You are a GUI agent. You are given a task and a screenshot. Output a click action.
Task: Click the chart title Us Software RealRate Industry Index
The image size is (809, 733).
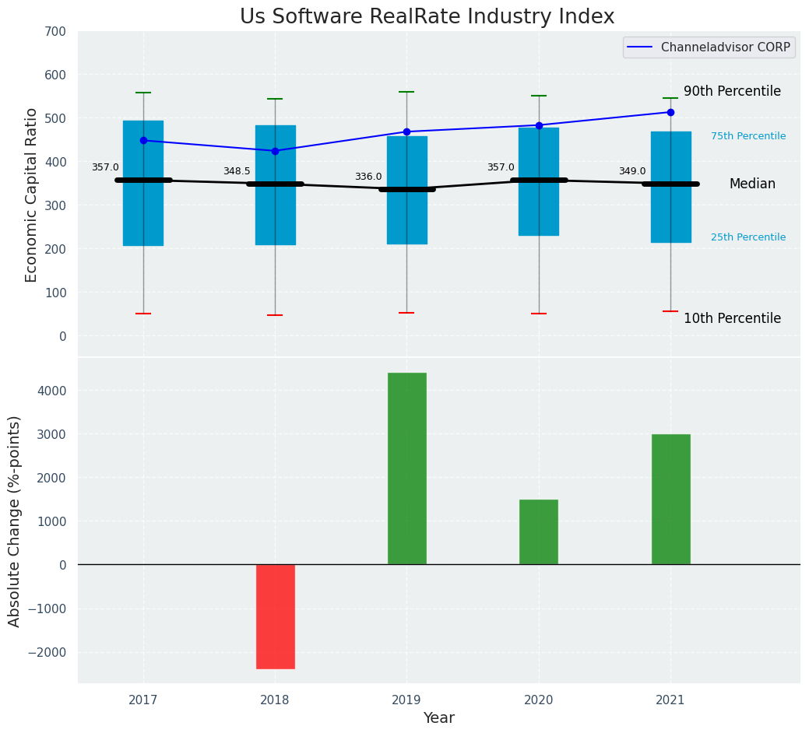[x=427, y=17]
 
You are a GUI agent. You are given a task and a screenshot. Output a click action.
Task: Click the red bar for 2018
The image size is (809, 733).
[x=275, y=616]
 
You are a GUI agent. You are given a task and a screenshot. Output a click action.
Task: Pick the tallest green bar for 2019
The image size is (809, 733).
[x=406, y=468]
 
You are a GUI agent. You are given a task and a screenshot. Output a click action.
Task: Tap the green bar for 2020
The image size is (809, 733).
[x=539, y=532]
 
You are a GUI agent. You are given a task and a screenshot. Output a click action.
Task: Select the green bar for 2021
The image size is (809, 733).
[x=670, y=500]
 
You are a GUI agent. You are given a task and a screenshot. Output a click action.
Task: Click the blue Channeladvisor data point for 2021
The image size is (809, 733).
[x=670, y=112]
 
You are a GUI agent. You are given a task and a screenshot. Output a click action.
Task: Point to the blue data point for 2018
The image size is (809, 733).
[x=275, y=151]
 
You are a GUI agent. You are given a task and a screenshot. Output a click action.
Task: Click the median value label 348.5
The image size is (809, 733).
[x=237, y=171]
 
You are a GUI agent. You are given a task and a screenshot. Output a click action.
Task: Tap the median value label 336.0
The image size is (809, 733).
[x=368, y=177]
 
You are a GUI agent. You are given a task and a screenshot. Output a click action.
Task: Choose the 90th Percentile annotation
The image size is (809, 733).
[x=732, y=91]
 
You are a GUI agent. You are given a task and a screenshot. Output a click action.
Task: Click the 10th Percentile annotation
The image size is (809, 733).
[x=732, y=318]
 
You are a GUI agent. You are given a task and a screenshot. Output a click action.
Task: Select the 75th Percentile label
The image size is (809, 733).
[x=748, y=136]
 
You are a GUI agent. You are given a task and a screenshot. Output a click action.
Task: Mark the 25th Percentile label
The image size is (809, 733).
[x=748, y=237]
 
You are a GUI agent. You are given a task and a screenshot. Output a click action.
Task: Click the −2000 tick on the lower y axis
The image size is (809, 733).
[x=51, y=652]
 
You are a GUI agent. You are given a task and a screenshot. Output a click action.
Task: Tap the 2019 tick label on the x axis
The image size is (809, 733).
[x=406, y=700]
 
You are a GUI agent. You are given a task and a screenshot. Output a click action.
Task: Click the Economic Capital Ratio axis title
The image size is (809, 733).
[x=31, y=195]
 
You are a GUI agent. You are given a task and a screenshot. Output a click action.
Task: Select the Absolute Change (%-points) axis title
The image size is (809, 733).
[x=14, y=521]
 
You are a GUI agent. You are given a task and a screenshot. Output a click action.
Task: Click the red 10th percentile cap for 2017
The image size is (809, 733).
[x=143, y=314]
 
